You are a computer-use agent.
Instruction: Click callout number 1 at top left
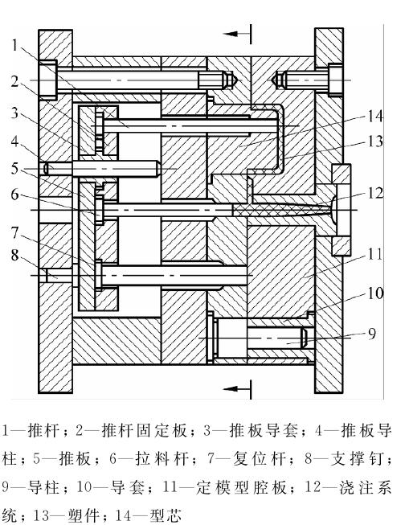[14, 45]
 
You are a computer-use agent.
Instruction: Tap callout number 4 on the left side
[14, 142]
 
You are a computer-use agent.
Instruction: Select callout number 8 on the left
[14, 255]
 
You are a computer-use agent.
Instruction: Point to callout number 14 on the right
[375, 117]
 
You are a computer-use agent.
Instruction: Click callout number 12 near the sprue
[376, 193]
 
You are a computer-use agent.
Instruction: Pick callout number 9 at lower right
[372, 334]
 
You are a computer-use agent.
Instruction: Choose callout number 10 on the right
[375, 293]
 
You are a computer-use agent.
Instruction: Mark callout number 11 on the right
[375, 255]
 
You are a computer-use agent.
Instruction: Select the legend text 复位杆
[260, 458]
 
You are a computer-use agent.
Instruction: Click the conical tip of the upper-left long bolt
[234, 80]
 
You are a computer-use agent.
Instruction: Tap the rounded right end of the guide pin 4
[158, 169]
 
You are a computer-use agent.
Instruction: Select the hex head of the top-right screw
[335, 80]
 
